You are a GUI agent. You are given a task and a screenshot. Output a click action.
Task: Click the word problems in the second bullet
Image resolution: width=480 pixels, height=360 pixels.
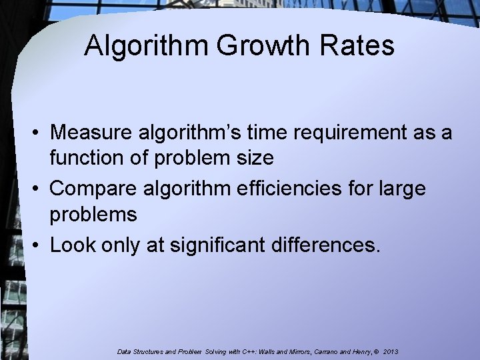point(94,215)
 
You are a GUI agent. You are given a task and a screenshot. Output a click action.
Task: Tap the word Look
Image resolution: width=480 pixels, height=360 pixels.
point(72,245)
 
